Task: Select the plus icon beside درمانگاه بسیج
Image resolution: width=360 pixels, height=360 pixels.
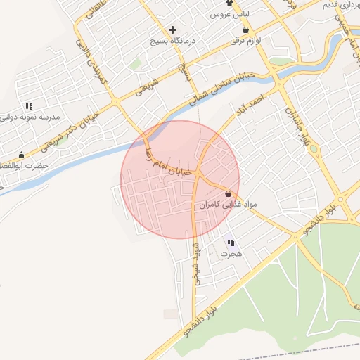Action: [x=172, y=30]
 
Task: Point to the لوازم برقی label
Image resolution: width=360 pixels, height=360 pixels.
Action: [x=245, y=41]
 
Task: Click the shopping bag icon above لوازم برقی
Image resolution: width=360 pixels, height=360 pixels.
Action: [x=245, y=30]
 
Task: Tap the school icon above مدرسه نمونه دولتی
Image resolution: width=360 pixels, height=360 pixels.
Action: [x=28, y=105]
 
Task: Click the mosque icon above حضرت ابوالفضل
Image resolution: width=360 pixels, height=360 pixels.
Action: [x=22, y=155]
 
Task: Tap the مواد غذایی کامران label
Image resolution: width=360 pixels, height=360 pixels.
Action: [x=229, y=204]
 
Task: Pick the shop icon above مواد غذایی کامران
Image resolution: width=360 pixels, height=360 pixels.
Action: [x=228, y=193]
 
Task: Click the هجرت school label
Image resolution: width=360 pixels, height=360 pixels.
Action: [x=231, y=254]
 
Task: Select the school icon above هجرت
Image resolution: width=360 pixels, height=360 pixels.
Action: [x=231, y=243]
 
